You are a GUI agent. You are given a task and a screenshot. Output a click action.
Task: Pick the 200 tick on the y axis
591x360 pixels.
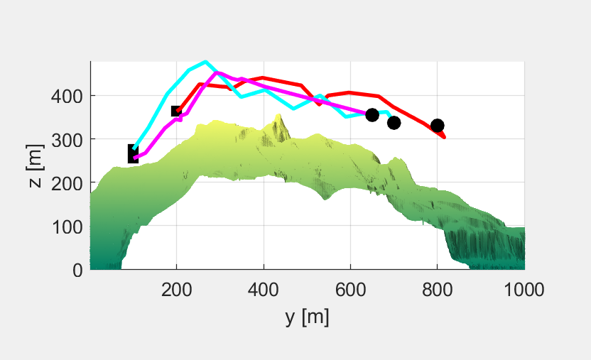point(177,290)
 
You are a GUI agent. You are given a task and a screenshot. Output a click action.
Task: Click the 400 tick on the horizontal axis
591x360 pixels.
point(264,290)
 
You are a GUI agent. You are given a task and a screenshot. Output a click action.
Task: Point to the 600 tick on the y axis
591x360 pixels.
point(350,290)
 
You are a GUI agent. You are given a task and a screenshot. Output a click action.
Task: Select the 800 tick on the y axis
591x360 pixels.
point(438,290)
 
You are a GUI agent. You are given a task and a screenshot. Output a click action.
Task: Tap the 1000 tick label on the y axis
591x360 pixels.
point(524,290)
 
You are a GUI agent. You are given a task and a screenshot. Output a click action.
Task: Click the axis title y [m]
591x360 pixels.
point(307,317)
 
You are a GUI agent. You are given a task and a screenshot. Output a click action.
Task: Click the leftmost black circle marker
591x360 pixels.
point(372,115)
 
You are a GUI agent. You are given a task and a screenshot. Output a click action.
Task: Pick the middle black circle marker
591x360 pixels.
point(394,123)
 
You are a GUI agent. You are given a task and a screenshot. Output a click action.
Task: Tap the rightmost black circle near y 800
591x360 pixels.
point(438,126)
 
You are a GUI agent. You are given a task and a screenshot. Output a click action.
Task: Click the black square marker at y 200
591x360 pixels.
point(177,111)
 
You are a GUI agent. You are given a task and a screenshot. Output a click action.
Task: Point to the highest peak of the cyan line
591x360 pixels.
point(205,62)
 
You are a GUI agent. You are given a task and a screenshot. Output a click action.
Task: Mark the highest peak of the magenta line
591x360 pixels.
point(217,72)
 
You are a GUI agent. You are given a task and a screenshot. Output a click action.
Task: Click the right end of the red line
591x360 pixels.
point(445,137)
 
